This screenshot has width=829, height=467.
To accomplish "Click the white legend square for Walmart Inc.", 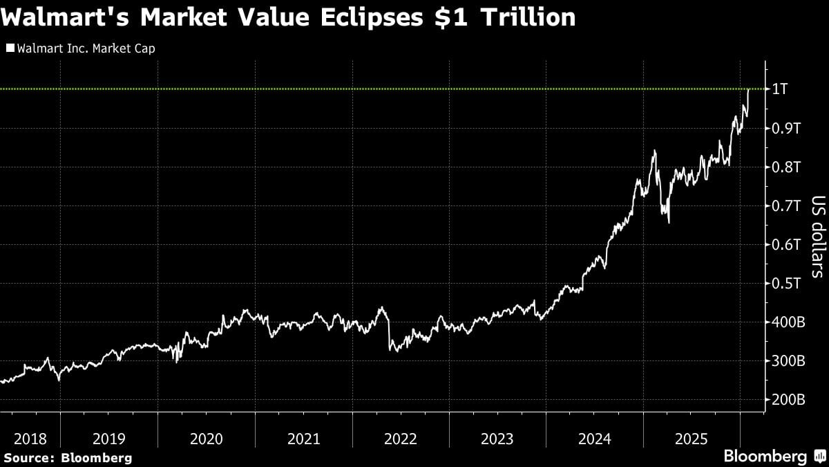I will [10, 48].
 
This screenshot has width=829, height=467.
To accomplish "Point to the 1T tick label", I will [779, 89].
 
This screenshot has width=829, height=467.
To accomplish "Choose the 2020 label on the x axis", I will [206, 439].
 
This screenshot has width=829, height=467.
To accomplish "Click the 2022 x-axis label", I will [400, 439].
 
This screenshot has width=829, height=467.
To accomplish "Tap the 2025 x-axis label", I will [691, 439].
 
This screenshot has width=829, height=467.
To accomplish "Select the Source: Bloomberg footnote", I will [67, 457].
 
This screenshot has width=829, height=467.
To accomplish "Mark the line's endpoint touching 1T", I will [749, 89].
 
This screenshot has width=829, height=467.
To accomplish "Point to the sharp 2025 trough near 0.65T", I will [669, 222].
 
